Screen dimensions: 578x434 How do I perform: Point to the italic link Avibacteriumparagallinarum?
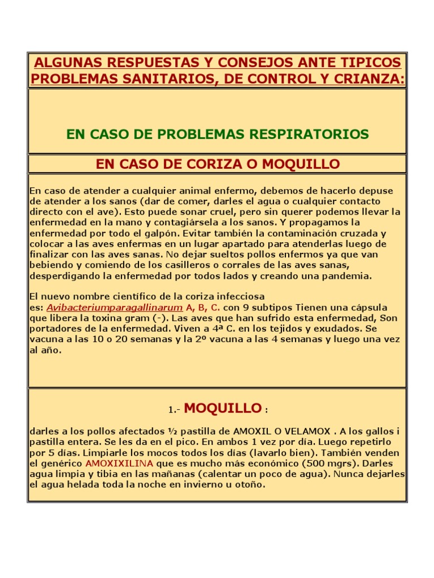(x=115, y=308)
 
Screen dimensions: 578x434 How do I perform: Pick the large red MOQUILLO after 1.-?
(x=223, y=408)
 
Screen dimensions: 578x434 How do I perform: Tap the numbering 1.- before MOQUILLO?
(x=173, y=410)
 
